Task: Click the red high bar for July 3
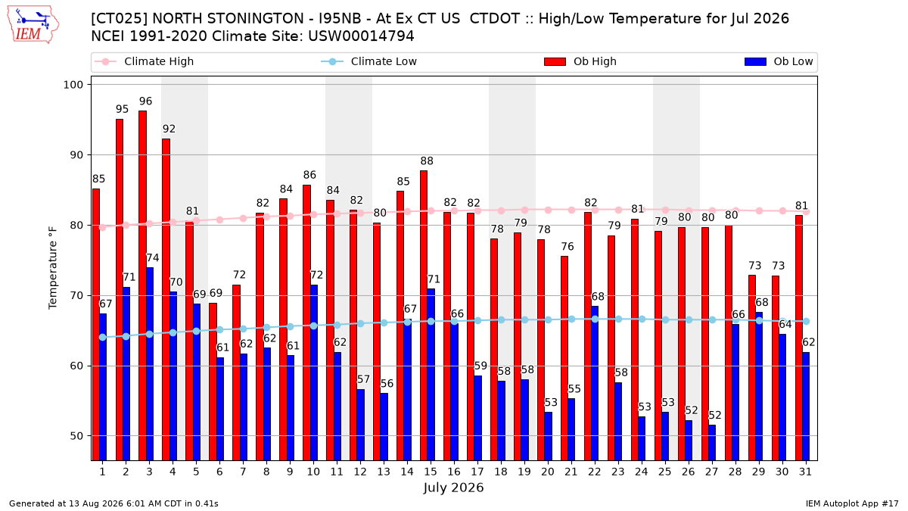click(x=142, y=285)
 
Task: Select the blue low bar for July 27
click(x=712, y=442)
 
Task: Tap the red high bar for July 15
click(x=424, y=316)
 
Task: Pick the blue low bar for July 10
click(x=314, y=372)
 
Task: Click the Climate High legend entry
click(x=144, y=61)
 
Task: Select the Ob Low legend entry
click(x=779, y=61)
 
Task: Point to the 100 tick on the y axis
click(x=73, y=85)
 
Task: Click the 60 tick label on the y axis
click(x=76, y=366)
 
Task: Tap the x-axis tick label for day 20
click(x=548, y=472)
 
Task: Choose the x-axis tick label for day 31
click(x=805, y=472)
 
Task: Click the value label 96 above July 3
click(x=145, y=101)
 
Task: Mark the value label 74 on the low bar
click(x=152, y=258)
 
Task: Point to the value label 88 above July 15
click(x=427, y=161)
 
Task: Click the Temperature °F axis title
click(x=53, y=268)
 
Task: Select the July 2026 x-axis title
click(x=453, y=488)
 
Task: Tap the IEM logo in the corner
click(x=33, y=25)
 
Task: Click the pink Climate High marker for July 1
click(x=103, y=227)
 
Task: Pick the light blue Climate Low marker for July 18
click(x=501, y=320)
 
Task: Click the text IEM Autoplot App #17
click(x=852, y=503)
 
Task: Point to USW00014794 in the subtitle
click(x=361, y=36)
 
